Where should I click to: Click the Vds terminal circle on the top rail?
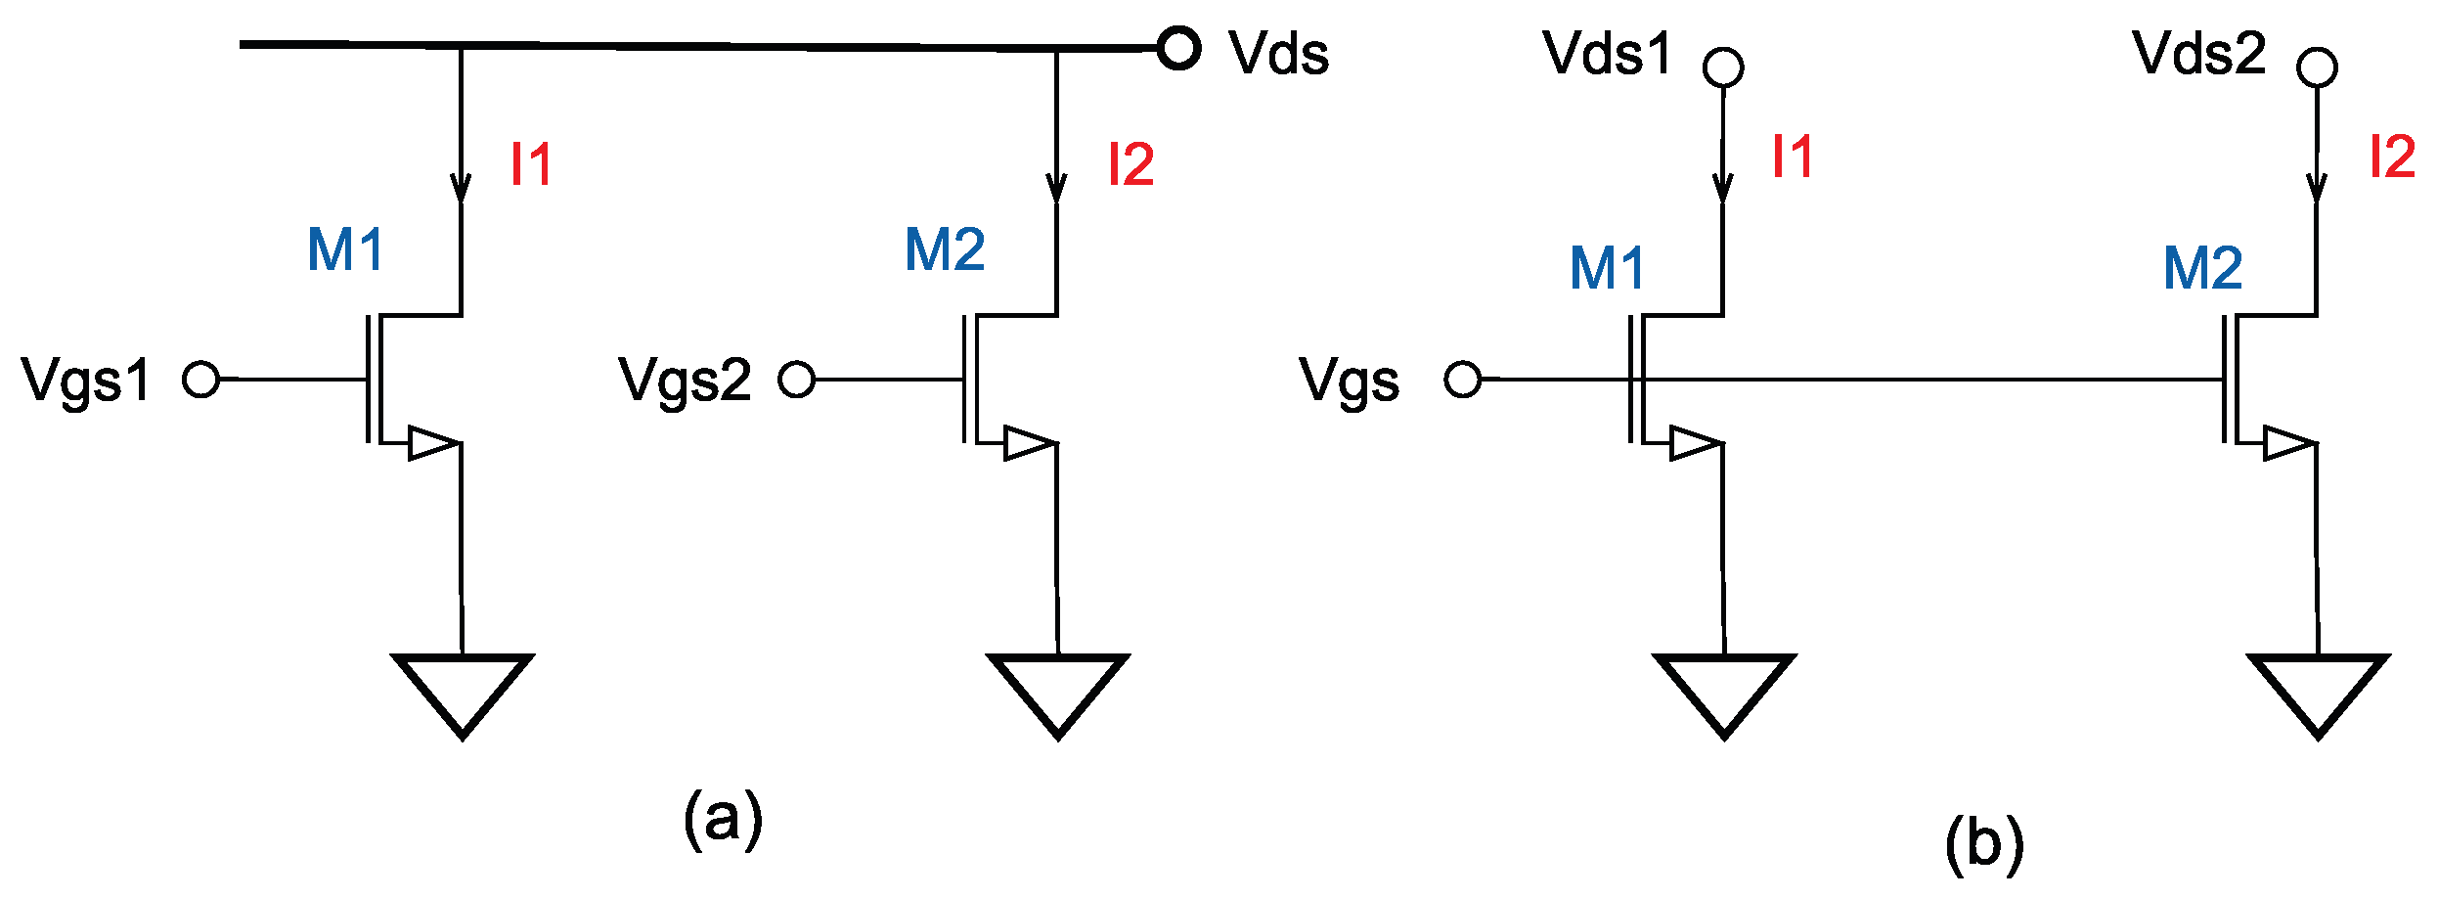(1178, 48)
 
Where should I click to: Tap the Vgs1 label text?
(86, 380)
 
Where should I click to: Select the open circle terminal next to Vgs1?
(200, 379)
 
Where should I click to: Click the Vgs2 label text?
(685, 380)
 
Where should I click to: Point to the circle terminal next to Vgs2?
(796, 379)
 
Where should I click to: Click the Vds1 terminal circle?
(1722, 68)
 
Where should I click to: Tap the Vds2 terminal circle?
(2317, 68)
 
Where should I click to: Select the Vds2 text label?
(2198, 53)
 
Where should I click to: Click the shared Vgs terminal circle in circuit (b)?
(1463, 379)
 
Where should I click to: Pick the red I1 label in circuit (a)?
(531, 164)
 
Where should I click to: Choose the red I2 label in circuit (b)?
(2392, 157)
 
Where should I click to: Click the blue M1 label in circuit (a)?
(345, 249)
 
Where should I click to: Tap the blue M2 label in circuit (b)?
(2202, 268)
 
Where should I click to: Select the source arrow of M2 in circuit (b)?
(2288, 443)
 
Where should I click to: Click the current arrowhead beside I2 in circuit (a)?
(1056, 188)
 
